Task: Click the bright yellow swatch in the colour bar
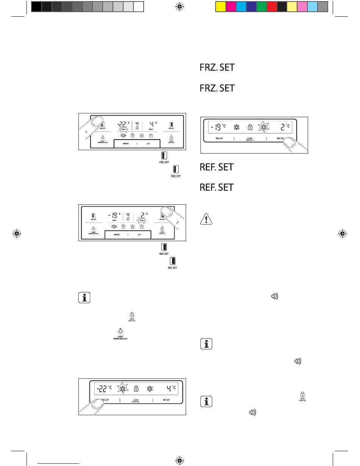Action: pyautogui.click(x=221, y=6)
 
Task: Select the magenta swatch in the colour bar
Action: pyautogui.click(x=231, y=6)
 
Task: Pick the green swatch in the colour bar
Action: pyautogui.click(x=261, y=6)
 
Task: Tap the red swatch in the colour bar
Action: pyautogui.click(x=272, y=6)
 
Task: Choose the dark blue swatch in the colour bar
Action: pyautogui.click(x=251, y=6)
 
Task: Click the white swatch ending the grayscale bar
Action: pyautogui.click(x=138, y=6)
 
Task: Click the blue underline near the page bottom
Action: pyautogui.click(x=59, y=462)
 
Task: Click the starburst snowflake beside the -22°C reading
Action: pyautogui.click(x=122, y=388)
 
